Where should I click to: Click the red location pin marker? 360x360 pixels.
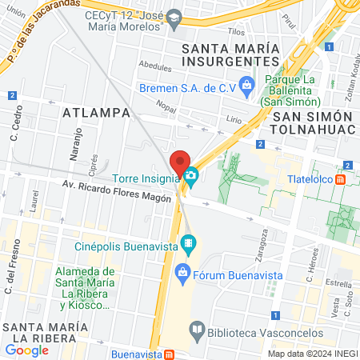click(x=180, y=160)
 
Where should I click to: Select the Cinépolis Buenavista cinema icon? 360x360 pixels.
click(x=187, y=241)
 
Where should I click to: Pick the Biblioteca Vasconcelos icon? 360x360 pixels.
click(x=197, y=329)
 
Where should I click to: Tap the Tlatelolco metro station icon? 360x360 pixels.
click(x=342, y=179)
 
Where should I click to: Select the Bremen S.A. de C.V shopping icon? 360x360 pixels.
click(x=246, y=82)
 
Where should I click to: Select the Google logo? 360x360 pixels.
click(x=26, y=350)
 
